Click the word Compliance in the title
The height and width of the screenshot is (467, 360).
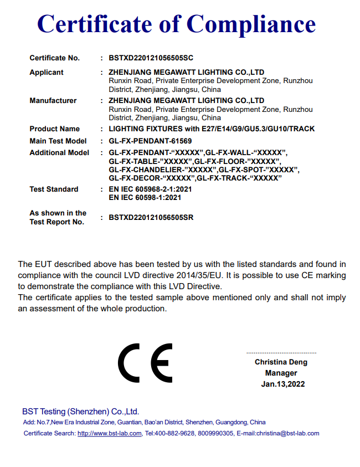(x=251, y=24)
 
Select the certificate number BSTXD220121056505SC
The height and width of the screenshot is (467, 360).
(x=151, y=58)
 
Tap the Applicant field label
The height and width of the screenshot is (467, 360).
(x=47, y=73)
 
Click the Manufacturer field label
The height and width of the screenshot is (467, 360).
(x=53, y=101)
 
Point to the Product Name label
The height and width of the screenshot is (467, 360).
(x=55, y=129)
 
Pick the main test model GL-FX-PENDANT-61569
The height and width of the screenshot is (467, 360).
(x=151, y=141)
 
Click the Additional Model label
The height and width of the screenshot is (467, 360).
(x=59, y=153)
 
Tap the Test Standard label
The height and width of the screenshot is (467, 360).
(x=54, y=189)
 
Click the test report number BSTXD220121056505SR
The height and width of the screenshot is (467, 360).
(x=151, y=218)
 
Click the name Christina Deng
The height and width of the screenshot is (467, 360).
(x=281, y=362)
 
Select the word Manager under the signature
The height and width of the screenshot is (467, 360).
(x=281, y=373)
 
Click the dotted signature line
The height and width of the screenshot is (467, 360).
(x=281, y=353)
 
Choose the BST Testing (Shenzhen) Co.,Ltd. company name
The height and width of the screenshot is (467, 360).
(x=80, y=412)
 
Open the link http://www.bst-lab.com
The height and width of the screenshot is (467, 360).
(x=110, y=434)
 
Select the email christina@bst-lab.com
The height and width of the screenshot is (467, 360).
(x=290, y=434)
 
